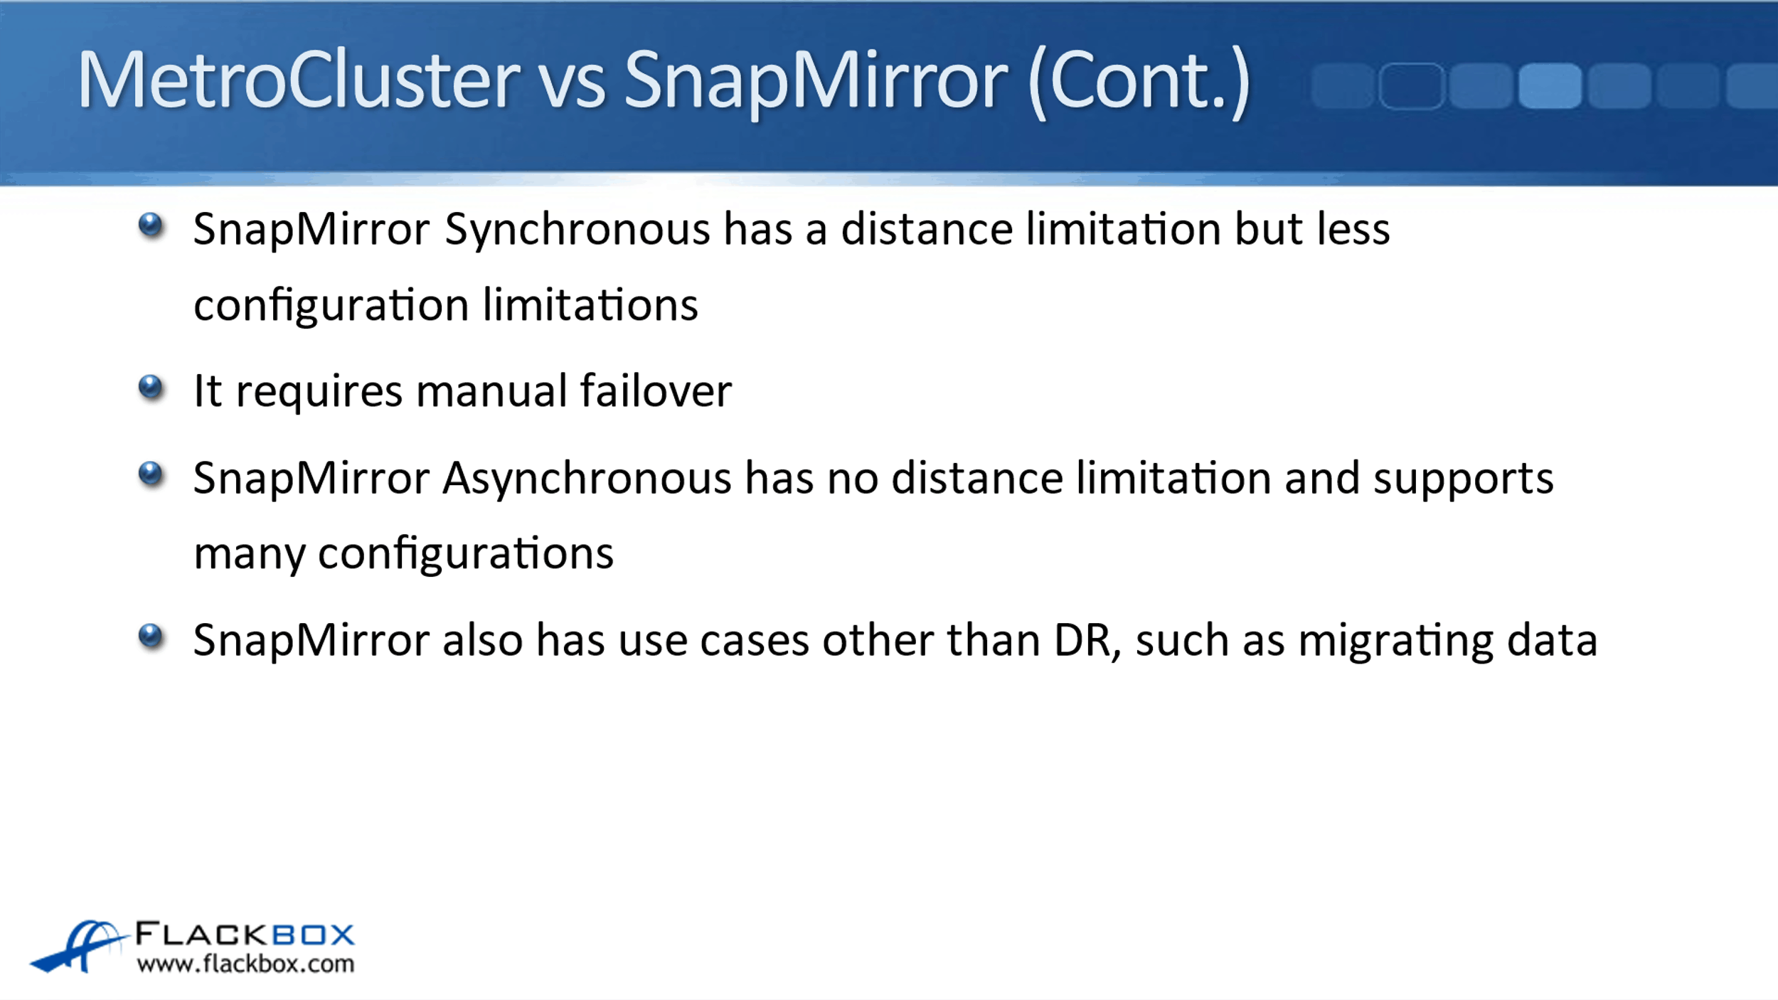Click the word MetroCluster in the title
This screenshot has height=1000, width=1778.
[x=299, y=80]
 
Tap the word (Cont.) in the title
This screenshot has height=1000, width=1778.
[x=1138, y=82]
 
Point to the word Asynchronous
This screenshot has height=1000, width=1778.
[x=587, y=479]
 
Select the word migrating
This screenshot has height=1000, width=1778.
[x=1395, y=642]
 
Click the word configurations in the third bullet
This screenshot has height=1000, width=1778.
[x=466, y=555]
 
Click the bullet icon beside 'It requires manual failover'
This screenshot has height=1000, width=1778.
[x=151, y=388]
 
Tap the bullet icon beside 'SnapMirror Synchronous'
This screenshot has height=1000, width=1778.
[x=151, y=226]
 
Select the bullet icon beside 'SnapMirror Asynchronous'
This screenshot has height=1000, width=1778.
[x=151, y=474]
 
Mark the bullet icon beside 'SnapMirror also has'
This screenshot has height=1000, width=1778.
[x=151, y=636]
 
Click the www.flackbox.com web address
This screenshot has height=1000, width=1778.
[x=245, y=964]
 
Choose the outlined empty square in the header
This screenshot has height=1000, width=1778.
[x=1412, y=86]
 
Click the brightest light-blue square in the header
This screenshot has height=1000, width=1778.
[x=1550, y=86]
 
